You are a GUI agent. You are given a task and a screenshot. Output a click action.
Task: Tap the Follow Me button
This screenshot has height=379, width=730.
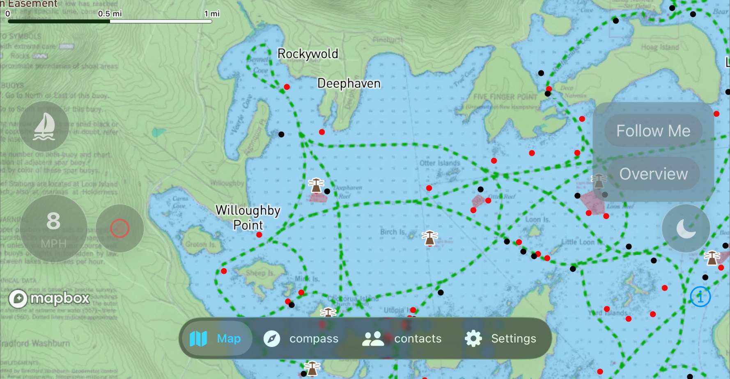pos(653,131)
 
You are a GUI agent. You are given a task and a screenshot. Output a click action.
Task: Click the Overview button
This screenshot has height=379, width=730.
pos(653,174)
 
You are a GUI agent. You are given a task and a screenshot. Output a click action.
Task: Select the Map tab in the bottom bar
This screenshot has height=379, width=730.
pos(216,338)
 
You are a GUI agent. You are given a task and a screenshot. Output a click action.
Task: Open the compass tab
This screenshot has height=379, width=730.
pos(301,338)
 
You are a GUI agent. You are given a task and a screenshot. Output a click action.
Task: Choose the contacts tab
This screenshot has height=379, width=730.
pos(402,338)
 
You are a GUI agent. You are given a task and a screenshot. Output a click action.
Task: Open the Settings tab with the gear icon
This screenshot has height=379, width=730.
pos(500,338)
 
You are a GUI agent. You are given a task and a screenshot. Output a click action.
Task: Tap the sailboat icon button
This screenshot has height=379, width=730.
pos(44,126)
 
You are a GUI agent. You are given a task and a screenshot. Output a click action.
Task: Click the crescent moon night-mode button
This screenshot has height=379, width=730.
pos(686,228)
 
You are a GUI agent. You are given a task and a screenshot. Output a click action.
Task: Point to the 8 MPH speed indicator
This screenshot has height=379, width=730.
pos(53,228)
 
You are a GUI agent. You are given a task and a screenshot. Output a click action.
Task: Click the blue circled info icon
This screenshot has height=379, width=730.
pos(700,296)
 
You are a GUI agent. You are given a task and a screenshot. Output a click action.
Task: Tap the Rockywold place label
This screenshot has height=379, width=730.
pos(308,54)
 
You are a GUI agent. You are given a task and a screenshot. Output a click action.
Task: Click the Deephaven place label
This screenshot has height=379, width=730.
pos(349,83)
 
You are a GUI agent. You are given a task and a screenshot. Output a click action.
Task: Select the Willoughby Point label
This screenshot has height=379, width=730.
pos(248,217)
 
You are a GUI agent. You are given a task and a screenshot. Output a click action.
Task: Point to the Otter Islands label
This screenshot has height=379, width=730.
pos(440,163)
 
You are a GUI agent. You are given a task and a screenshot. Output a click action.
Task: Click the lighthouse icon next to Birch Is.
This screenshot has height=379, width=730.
pos(429,238)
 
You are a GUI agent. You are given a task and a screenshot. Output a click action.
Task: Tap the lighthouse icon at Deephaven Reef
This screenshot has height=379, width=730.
pos(316,185)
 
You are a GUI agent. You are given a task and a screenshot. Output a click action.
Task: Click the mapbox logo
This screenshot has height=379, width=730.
pos(49,298)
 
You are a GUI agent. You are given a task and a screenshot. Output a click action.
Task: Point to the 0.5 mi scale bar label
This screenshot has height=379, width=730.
pos(110,14)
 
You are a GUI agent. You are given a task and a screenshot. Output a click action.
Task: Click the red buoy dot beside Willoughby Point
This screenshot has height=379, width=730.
pos(259,235)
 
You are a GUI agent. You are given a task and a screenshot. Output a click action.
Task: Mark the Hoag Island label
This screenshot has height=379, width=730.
pos(660,47)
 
